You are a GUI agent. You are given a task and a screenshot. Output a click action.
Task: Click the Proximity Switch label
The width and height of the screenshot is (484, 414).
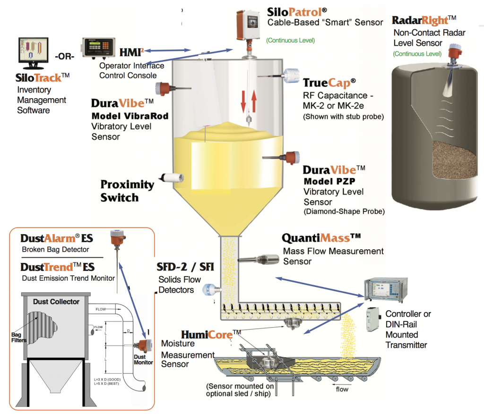(127, 191)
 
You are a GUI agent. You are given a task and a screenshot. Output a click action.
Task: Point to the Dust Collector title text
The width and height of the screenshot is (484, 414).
(56, 301)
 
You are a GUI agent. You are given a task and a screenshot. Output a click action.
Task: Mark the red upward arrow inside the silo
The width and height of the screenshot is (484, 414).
(254, 100)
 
